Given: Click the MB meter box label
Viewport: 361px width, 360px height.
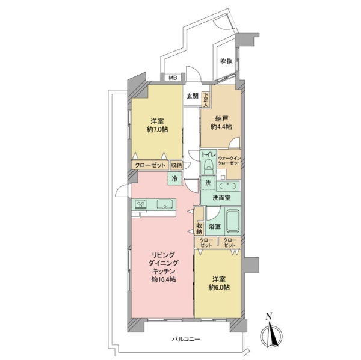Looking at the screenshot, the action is [x=173, y=78].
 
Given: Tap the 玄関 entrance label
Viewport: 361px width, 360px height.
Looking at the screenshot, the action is [x=193, y=96].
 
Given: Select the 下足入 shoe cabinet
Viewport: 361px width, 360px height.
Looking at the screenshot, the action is [x=205, y=99].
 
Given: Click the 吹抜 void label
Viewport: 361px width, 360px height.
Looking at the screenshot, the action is [x=226, y=61].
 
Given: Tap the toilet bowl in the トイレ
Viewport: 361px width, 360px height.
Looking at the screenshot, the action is [x=209, y=166].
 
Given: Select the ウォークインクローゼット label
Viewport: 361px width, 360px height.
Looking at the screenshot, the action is [x=229, y=160].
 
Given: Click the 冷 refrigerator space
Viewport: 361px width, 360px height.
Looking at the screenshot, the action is [x=174, y=178].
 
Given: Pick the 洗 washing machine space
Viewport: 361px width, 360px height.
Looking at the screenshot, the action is [x=209, y=183].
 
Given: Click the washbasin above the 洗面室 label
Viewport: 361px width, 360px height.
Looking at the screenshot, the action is [x=228, y=186].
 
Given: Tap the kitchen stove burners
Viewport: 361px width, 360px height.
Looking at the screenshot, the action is [x=141, y=204].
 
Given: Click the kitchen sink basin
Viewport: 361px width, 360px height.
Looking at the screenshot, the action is [x=165, y=204].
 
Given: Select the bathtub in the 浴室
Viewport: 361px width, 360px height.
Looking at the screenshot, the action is [x=233, y=221].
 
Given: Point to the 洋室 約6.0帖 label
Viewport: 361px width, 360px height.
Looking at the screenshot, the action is [x=219, y=284].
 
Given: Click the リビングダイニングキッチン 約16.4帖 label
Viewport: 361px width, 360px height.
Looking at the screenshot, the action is [x=164, y=267].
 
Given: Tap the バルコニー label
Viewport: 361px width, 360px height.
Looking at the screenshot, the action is [x=186, y=339].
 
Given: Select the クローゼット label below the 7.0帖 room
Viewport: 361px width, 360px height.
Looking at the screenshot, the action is [x=150, y=165].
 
